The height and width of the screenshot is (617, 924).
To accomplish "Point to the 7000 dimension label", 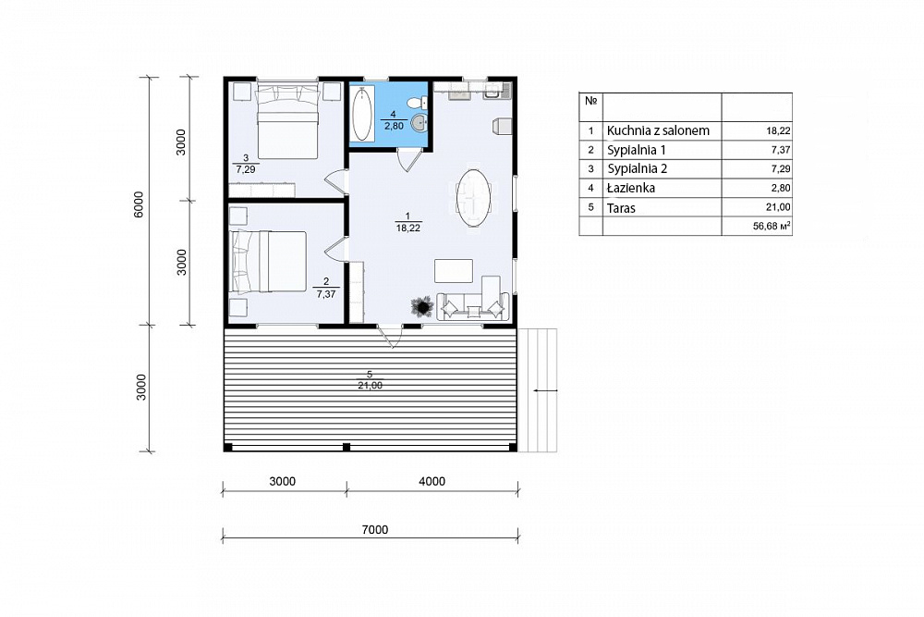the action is tap(375, 530).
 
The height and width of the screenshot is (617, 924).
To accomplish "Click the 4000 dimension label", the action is tap(432, 481).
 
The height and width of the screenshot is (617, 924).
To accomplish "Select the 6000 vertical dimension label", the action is tap(139, 204).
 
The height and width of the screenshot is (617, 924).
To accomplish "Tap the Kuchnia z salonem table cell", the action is tap(658, 131).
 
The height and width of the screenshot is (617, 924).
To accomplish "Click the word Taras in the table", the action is tap(621, 207).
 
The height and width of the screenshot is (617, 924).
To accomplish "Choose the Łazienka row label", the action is tap(630, 188).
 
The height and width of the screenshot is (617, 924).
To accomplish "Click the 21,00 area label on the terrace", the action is tap(370, 385).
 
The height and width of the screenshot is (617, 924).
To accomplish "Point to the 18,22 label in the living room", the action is tap(407, 228).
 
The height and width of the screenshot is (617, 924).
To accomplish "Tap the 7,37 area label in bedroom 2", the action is tap(326, 294).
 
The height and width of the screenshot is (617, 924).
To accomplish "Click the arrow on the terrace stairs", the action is tap(544, 390).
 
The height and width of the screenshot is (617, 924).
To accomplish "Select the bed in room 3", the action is tap(287, 121).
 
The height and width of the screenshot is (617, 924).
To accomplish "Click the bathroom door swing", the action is tap(409, 160).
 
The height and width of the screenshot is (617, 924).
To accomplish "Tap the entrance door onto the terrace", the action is tap(390, 337).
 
